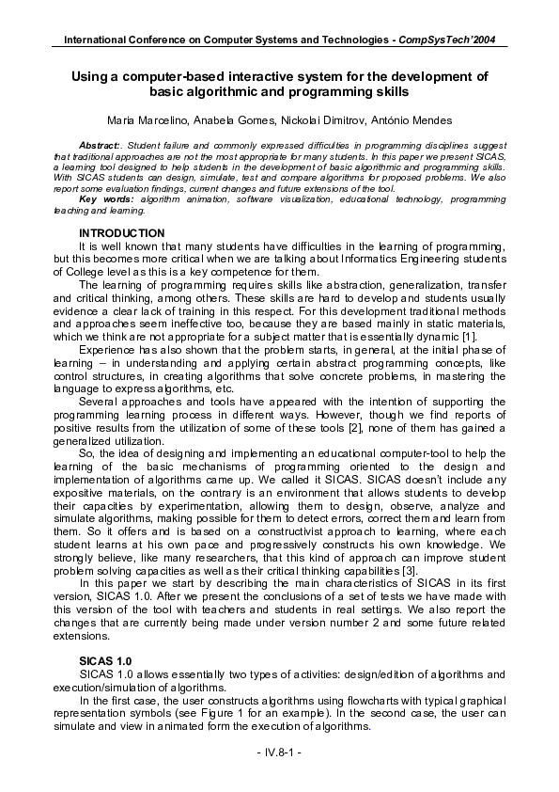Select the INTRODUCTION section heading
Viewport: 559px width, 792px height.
[122, 232]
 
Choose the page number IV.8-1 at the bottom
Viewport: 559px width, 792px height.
[279, 753]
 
